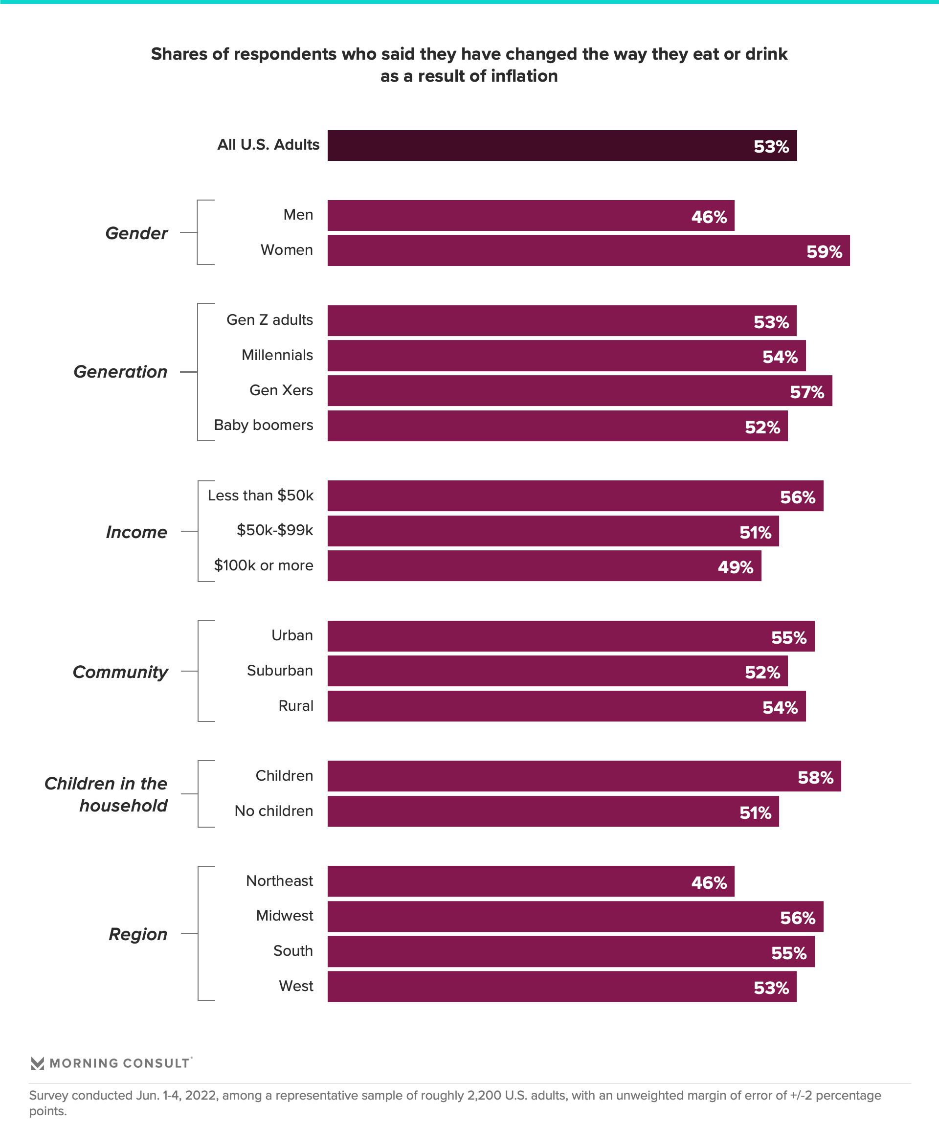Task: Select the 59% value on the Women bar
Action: (x=824, y=252)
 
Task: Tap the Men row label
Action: (x=298, y=215)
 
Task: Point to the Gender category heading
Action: (x=136, y=233)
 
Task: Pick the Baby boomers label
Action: (x=263, y=425)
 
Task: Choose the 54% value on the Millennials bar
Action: (x=780, y=357)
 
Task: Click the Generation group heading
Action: (x=120, y=372)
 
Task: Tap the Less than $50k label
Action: (x=260, y=496)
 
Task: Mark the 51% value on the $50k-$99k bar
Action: (x=755, y=532)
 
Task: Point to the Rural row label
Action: (x=296, y=706)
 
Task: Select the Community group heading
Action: (x=120, y=672)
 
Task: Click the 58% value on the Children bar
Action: (x=815, y=778)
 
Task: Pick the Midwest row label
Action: (x=284, y=916)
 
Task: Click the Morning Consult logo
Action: (x=111, y=1063)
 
